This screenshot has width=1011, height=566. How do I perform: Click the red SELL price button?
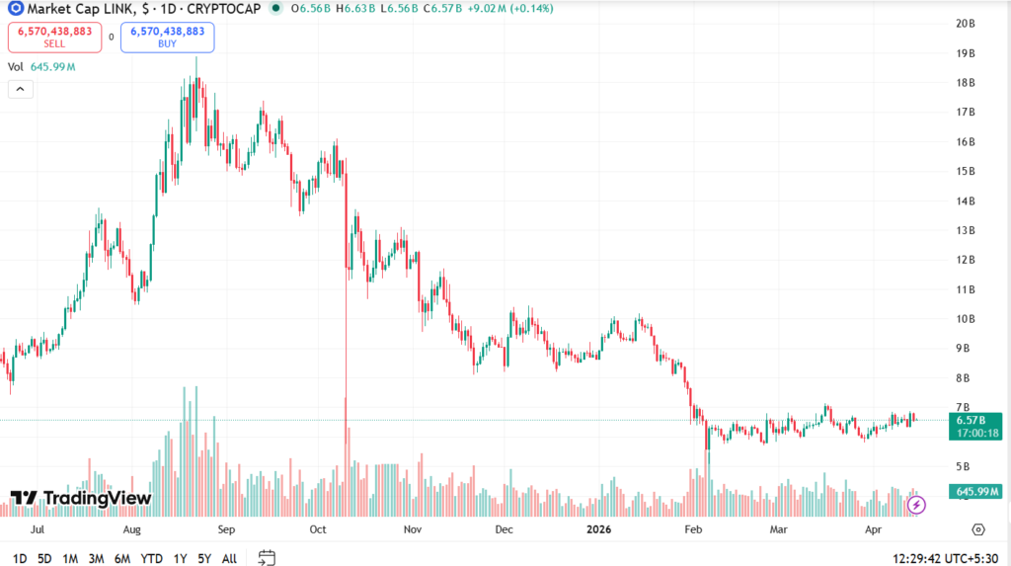(x=54, y=37)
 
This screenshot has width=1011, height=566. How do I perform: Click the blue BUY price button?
(x=167, y=37)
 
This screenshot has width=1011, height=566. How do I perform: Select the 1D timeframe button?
(x=20, y=558)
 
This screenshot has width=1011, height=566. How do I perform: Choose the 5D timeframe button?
(x=44, y=558)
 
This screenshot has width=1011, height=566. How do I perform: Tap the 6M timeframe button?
(x=122, y=558)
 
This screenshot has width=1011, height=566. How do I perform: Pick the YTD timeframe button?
(x=151, y=558)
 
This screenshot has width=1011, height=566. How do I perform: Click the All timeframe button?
(x=229, y=558)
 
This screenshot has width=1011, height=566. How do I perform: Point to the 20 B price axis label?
(x=966, y=24)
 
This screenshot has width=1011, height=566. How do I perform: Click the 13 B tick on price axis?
(x=966, y=230)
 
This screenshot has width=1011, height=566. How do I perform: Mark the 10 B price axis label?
(x=966, y=319)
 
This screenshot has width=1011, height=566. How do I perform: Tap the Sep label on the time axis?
(x=226, y=529)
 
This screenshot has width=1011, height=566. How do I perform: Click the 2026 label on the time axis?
(x=599, y=529)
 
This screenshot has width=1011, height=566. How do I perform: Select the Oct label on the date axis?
(x=318, y=529)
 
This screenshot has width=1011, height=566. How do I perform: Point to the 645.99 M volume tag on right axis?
(x=973, y=492)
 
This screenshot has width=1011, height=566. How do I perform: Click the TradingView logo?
(x=81, y=498)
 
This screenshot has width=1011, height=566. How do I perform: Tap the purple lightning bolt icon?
(x=916, y=505)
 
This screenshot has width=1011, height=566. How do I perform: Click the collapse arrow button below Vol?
(x=20, y=89)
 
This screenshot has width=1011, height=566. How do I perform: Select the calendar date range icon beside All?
(x=267, y=558)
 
